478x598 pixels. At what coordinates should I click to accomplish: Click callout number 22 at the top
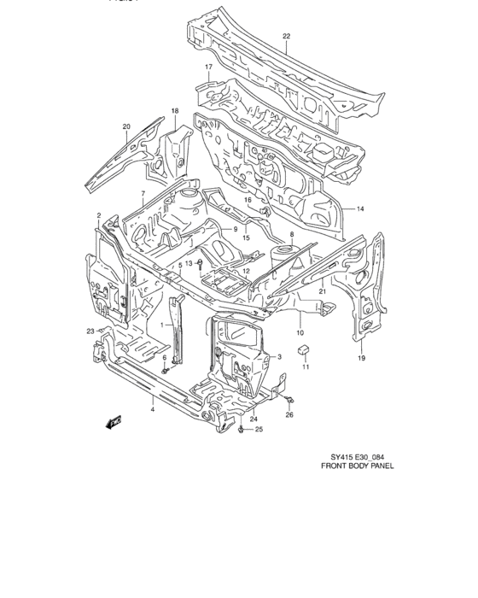pos(287,36)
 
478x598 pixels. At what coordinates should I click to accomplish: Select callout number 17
pos(207,67)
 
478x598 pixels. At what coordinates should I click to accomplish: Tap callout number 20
pos(126,127)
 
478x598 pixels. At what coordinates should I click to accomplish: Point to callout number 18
pos(174,112)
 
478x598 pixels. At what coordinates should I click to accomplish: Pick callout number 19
pos(361,358)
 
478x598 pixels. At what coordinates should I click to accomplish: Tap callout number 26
pos(289,415)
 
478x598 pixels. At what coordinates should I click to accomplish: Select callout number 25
pos(259,430)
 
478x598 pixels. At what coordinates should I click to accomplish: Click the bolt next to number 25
pos(244,430)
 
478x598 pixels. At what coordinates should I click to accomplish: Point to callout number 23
pos(89,331)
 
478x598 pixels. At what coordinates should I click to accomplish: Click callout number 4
pos(153,411)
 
